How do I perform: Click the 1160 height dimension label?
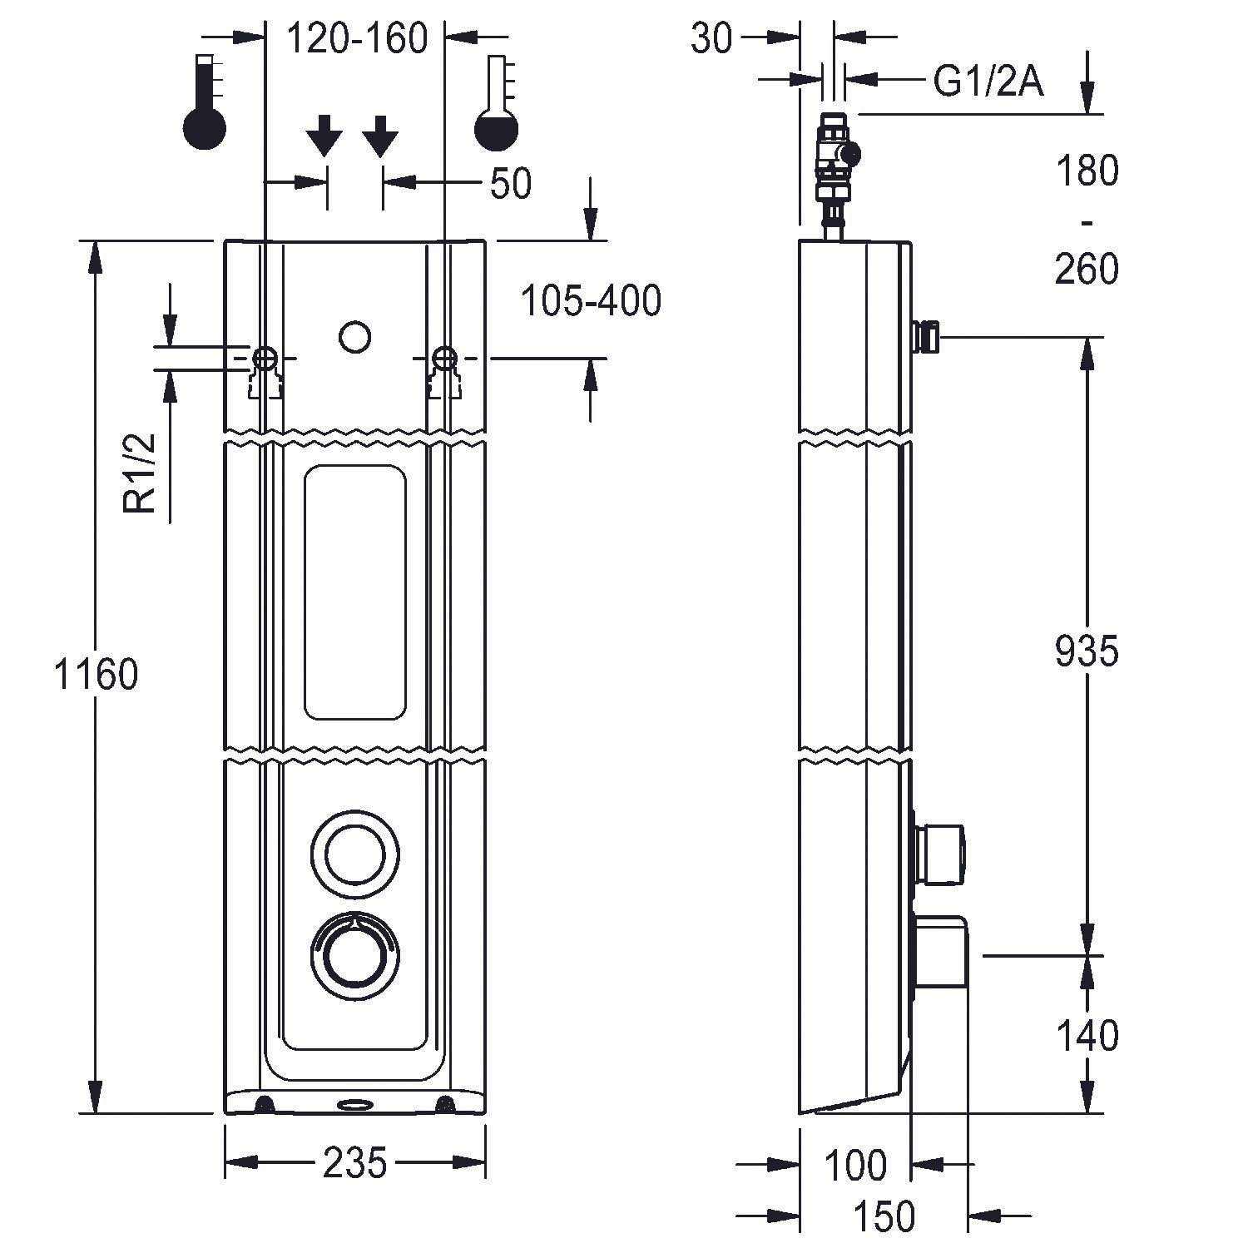click(96, 674)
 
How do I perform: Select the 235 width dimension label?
click(355, 1162)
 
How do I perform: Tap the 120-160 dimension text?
click(357, 38)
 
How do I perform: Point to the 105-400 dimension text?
click(591, 300)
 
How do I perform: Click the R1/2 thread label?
click(141, 474)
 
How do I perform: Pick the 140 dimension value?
click(1087, 1036)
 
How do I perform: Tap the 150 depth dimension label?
click(884, 1216)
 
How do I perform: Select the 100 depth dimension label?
click(855, 1165)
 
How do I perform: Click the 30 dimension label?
click(712, 38)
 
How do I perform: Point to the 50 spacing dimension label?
click(510, 183)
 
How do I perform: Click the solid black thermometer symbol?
click(205, 104)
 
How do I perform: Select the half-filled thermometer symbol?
click(497, 104)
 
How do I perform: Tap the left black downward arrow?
click(324, 136)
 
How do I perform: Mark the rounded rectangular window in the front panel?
click(355, 592)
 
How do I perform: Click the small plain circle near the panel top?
click(355, 336)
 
